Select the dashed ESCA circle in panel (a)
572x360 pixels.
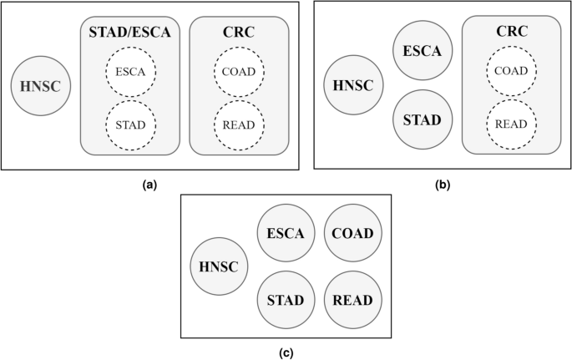129,72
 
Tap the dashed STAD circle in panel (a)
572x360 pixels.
129,125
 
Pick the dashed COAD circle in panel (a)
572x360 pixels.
239,72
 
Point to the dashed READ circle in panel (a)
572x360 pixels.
239,125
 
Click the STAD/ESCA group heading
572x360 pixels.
129,33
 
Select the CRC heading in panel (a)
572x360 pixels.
239,33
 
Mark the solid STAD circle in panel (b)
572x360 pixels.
423,119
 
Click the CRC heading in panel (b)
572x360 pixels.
510,33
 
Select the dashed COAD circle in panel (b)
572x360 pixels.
510,71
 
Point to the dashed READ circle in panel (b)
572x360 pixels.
510,124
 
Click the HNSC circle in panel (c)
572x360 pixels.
219,267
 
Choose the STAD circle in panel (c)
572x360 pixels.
286,300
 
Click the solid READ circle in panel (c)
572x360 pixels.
353,300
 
